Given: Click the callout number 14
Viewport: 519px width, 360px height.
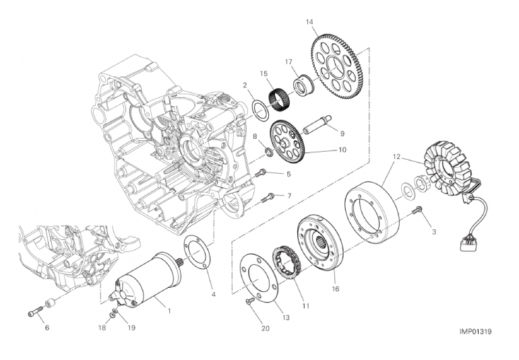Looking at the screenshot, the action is tap(309, 22).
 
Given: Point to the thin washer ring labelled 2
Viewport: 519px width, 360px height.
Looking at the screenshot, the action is tap(261, 109).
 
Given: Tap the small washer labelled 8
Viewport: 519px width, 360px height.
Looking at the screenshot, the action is tap(270, 152).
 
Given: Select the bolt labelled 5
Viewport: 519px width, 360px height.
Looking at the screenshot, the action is tap(262, 172).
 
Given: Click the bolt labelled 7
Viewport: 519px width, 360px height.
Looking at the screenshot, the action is tap(268, 198).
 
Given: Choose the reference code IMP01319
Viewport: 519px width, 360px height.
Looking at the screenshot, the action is tap(475, 332).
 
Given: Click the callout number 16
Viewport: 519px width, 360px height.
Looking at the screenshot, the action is tap(335, 289).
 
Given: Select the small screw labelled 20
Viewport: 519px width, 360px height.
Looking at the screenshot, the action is tap(250, 301).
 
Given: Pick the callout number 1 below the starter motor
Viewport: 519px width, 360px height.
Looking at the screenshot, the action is tap(169, 311).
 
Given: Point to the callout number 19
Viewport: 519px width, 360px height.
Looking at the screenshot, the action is tap(131, 328).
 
